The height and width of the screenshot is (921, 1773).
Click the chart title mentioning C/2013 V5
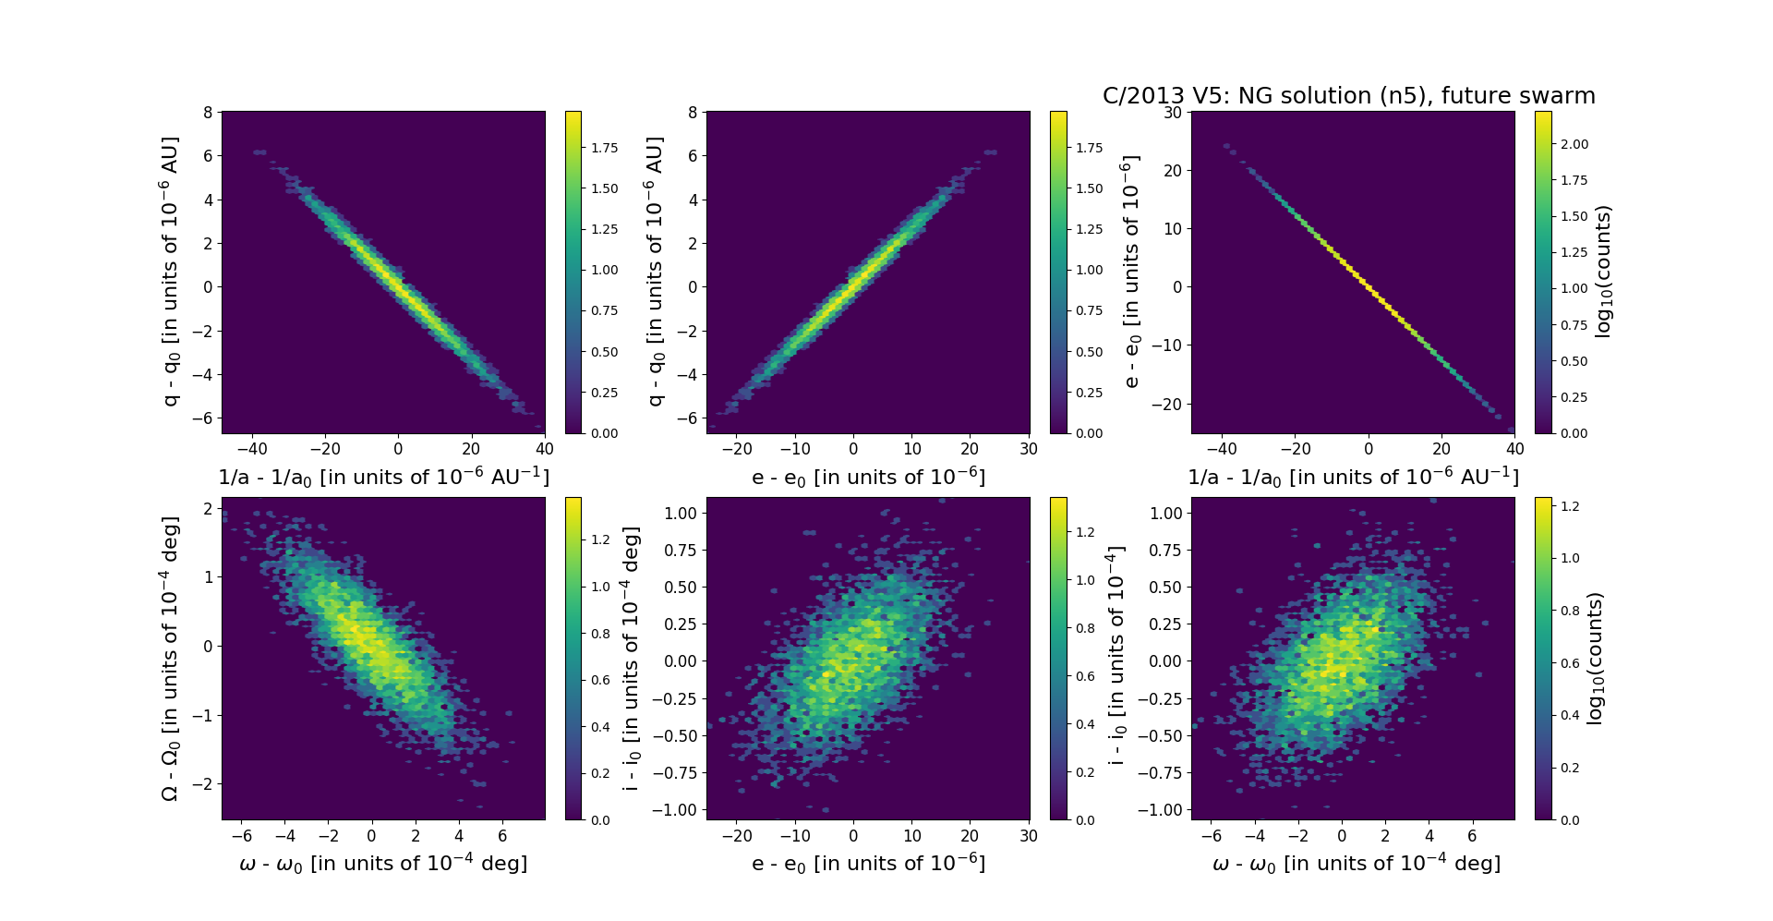pyautogui.click(x=1348, y=96)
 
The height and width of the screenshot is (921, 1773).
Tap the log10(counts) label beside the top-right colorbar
pyautogui.click(x=1603, y=272)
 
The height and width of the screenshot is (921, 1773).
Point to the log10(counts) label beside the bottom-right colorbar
pyautogui.click(x=1595, y=658)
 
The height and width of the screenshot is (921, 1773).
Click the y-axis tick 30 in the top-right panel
pyautogui.click(x=1172, y=112)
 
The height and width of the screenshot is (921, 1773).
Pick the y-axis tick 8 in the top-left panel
pyautogui.click(x=208, y=112)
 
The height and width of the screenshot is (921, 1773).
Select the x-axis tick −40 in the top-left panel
pyautogui.click(x=251, y=449)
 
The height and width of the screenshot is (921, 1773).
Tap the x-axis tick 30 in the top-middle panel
pyautogui.click(x=1029, y=449)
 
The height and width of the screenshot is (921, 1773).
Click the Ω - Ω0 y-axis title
pyautogui.click(x=170, y=658)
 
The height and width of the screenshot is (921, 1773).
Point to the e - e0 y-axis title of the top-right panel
pyautogui.click(x=1131, y=272)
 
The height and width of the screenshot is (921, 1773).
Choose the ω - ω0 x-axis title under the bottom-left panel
pyautogui.click(x=383, y=864)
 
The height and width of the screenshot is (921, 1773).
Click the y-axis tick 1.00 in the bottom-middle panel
pyautogui.click(x=680, y=514)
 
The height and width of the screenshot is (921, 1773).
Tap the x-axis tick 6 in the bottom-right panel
pyautogui.click(x=1472, y=835)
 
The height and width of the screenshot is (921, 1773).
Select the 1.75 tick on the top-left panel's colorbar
pyautogui.click(x=605, y=148)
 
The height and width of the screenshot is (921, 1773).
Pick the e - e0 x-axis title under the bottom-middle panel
pyautogui.click(x=868, y=864)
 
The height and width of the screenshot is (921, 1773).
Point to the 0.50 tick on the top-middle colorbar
pyautogui.click(x=1090, y=352)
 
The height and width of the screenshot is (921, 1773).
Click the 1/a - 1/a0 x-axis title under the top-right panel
pyautogui.click(x=1353, y=478)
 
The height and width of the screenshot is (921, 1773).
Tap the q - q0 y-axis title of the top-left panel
pyautogui.click(x=170, y=272)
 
